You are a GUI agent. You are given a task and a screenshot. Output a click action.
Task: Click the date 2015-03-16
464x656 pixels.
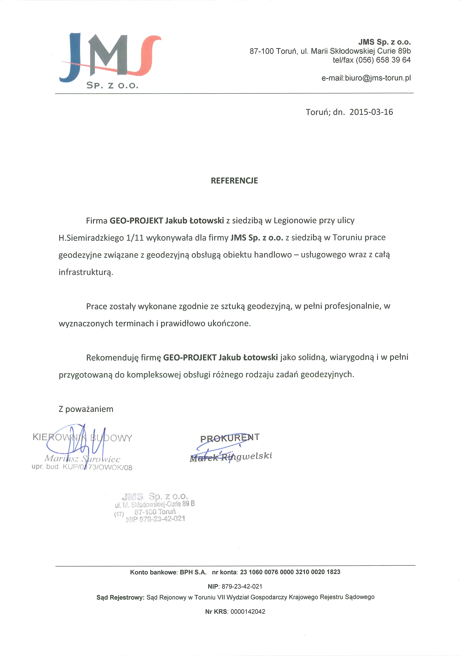click(x=371, y=112)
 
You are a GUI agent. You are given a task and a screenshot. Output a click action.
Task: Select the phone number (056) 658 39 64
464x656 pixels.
click(x=383, y=60)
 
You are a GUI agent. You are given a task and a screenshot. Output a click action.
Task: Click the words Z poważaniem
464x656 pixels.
click(x=86, y=409)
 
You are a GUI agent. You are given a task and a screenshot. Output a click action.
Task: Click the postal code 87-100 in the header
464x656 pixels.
click(x=262, y=51)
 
